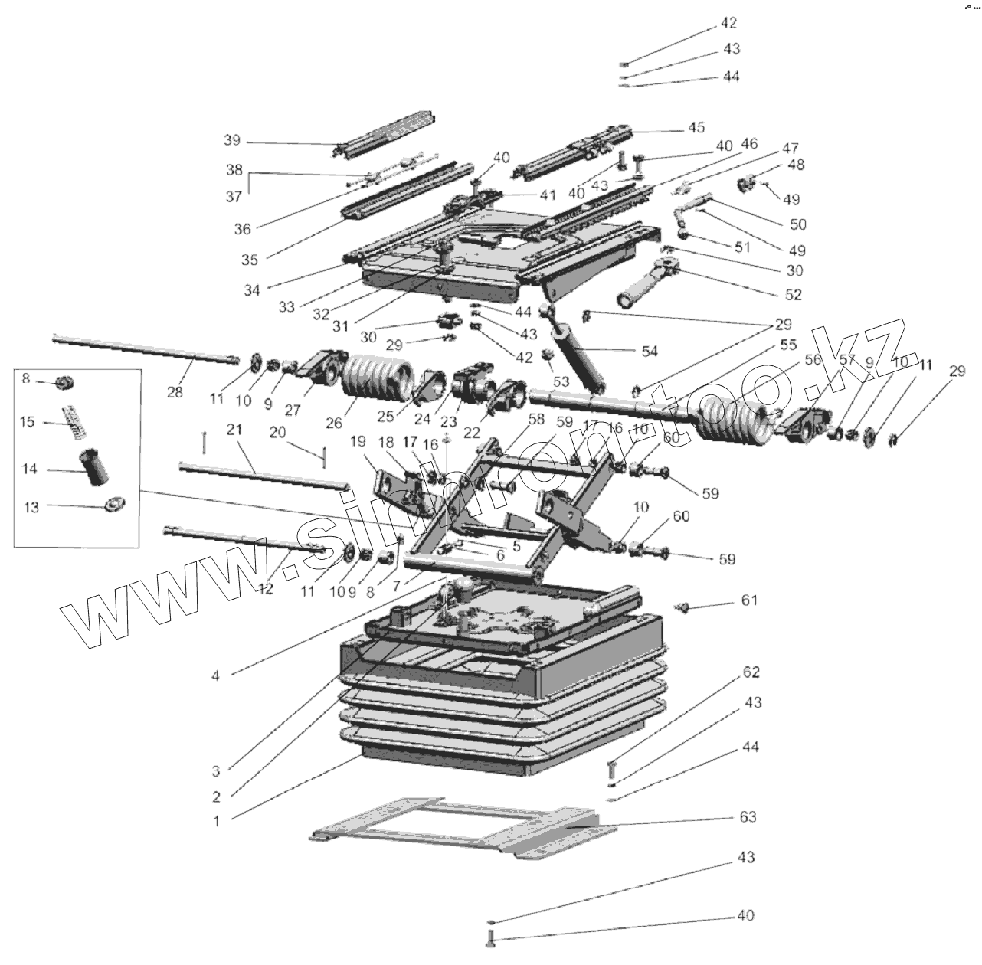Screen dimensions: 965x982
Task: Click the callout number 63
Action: tap(747, 817)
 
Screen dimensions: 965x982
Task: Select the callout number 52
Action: tap(792, 294)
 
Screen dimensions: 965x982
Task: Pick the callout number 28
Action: tap(175, 392)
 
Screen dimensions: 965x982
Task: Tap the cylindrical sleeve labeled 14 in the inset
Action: tap(96, 466)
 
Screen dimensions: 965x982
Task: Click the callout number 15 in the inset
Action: tap(28, 422)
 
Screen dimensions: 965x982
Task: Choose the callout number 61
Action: tap(748, 600)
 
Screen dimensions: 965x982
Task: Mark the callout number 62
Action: tap(751, 672)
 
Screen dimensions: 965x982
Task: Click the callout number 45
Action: tap(696, 127)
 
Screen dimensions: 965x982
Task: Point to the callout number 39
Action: tap(232, 140)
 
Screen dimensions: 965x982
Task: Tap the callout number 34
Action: tap(252, 290)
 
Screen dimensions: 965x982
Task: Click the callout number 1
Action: tap(216, 821)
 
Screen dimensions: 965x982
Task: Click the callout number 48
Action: tap(795, 165)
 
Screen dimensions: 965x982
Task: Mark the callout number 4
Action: tap(216, 675)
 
